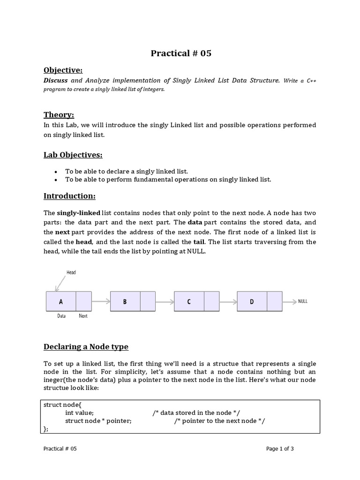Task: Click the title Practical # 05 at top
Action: coord(181,53)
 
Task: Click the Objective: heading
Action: coord(63,70)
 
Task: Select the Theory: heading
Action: coord(59,115)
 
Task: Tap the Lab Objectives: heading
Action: coord(73,155)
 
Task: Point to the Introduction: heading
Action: coord(69,195)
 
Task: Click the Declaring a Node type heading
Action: coord(86,347)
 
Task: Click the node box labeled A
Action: coord(61,302)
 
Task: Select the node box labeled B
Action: coord(125,302)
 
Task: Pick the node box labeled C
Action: coord(189,302)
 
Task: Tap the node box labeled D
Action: coord(252,302)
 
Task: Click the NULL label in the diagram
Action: coord(303,301)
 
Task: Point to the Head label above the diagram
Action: coord(71,272)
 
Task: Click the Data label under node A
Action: coord(61,316)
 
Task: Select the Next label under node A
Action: coord(83,316)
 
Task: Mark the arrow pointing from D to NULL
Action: coord(289,301)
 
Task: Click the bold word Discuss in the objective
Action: coord(56,81)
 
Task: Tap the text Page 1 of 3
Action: coord(280,449)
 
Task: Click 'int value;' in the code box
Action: coord(79,412)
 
